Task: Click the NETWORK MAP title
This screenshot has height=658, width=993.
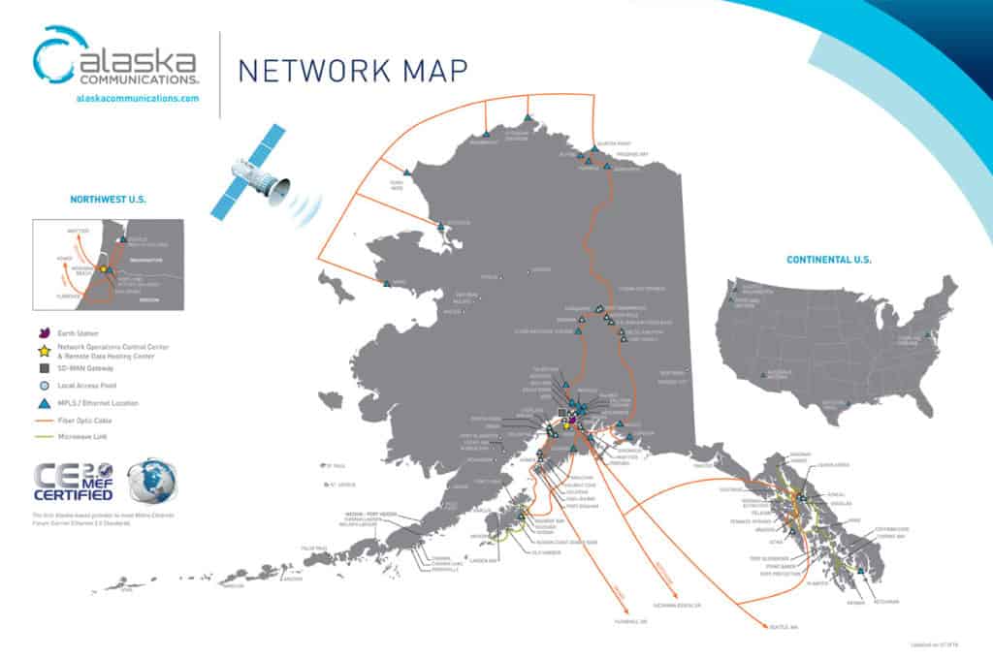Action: (x=353, y=69)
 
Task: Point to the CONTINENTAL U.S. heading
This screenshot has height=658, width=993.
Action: (x=828, y=260)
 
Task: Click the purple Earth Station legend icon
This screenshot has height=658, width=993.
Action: (x=44, y=332)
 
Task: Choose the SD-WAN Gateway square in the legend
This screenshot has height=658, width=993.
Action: (x=44, y=368)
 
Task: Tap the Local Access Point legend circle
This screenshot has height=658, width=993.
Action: (x=44, y=386)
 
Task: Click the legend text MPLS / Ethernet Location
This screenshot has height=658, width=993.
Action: (x=98, y=402)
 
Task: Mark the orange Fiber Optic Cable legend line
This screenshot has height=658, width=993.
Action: (x=44, y=420)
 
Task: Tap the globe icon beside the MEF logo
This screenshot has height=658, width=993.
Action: (x=152, y=481)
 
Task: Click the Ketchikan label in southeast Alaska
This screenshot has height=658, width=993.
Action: (x=886, y=602)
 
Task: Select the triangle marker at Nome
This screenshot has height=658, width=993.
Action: (x=387, y=284)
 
